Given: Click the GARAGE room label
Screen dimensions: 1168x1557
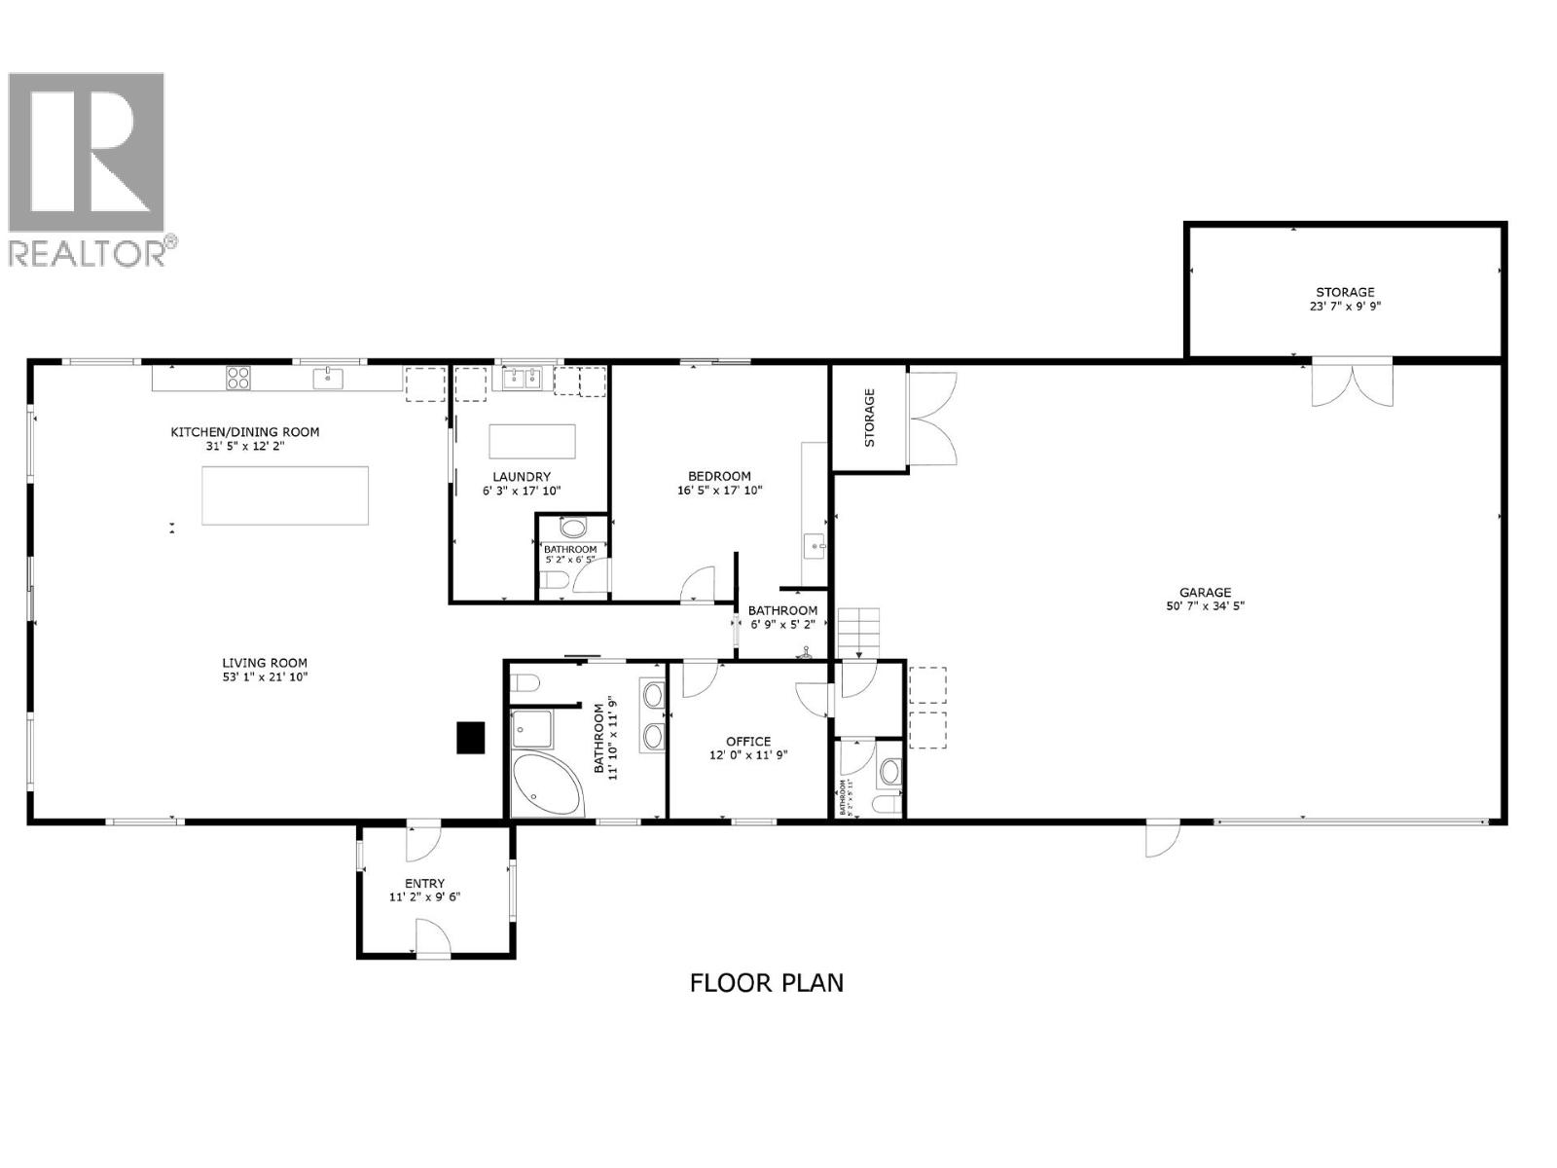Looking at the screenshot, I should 1205,592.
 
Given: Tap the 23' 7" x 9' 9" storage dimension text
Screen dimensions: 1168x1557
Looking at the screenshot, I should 1345,306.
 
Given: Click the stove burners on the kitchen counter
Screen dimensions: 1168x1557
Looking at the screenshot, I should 238,377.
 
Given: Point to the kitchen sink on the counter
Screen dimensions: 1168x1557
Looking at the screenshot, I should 328,377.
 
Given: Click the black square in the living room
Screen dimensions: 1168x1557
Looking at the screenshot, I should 472,737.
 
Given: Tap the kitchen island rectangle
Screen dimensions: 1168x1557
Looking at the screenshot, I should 285,495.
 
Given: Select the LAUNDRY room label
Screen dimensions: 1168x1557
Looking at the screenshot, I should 522,477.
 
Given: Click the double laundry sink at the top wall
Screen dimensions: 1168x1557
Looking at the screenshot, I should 523,378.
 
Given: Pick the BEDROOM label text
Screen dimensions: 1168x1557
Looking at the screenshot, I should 719,476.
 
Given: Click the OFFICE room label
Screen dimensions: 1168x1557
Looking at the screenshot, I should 747,741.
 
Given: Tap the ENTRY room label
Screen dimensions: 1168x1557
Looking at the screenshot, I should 424,884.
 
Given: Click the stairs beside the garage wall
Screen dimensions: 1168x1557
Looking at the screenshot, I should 860,633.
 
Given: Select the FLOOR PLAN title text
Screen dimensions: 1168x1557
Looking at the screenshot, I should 766,983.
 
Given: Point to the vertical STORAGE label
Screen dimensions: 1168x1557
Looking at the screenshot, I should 870,418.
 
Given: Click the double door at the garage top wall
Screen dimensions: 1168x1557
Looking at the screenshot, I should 1353,383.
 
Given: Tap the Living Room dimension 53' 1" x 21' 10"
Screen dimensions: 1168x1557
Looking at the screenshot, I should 265,676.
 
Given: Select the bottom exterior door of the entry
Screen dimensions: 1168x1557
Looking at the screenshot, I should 433,942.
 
